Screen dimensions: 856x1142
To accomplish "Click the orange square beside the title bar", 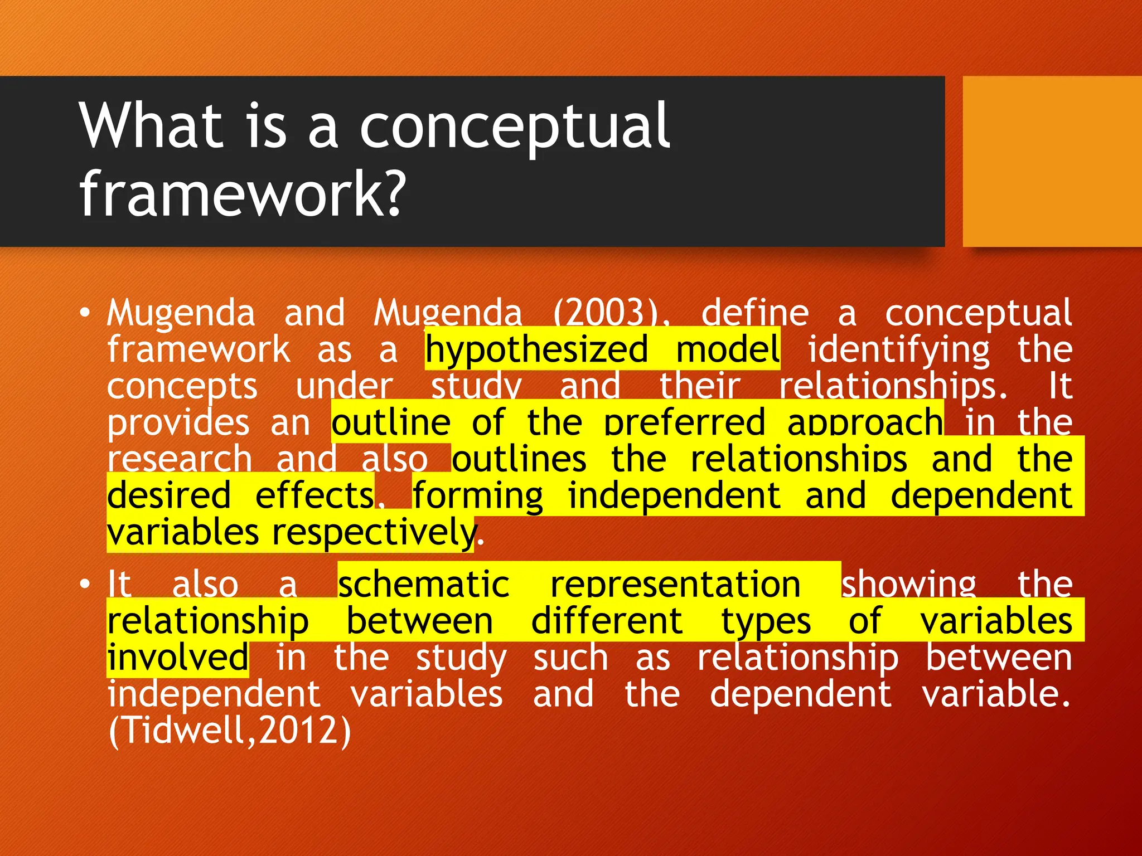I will click(1052, 162).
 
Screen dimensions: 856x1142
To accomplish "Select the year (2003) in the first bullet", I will click(611, 313).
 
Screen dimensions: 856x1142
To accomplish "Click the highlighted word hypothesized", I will click(536, 350).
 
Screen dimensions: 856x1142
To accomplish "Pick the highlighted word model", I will click(727, 350).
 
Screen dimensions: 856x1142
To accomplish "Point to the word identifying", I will click(899, 350).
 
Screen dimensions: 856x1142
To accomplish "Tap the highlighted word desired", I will click(169, 495).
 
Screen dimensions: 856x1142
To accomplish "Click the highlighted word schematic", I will click(424, 585).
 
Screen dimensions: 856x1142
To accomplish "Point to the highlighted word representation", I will click(675, 585).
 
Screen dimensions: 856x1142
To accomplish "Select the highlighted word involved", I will click(177, 658).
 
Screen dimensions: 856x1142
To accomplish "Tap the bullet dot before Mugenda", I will click(84, 313).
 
